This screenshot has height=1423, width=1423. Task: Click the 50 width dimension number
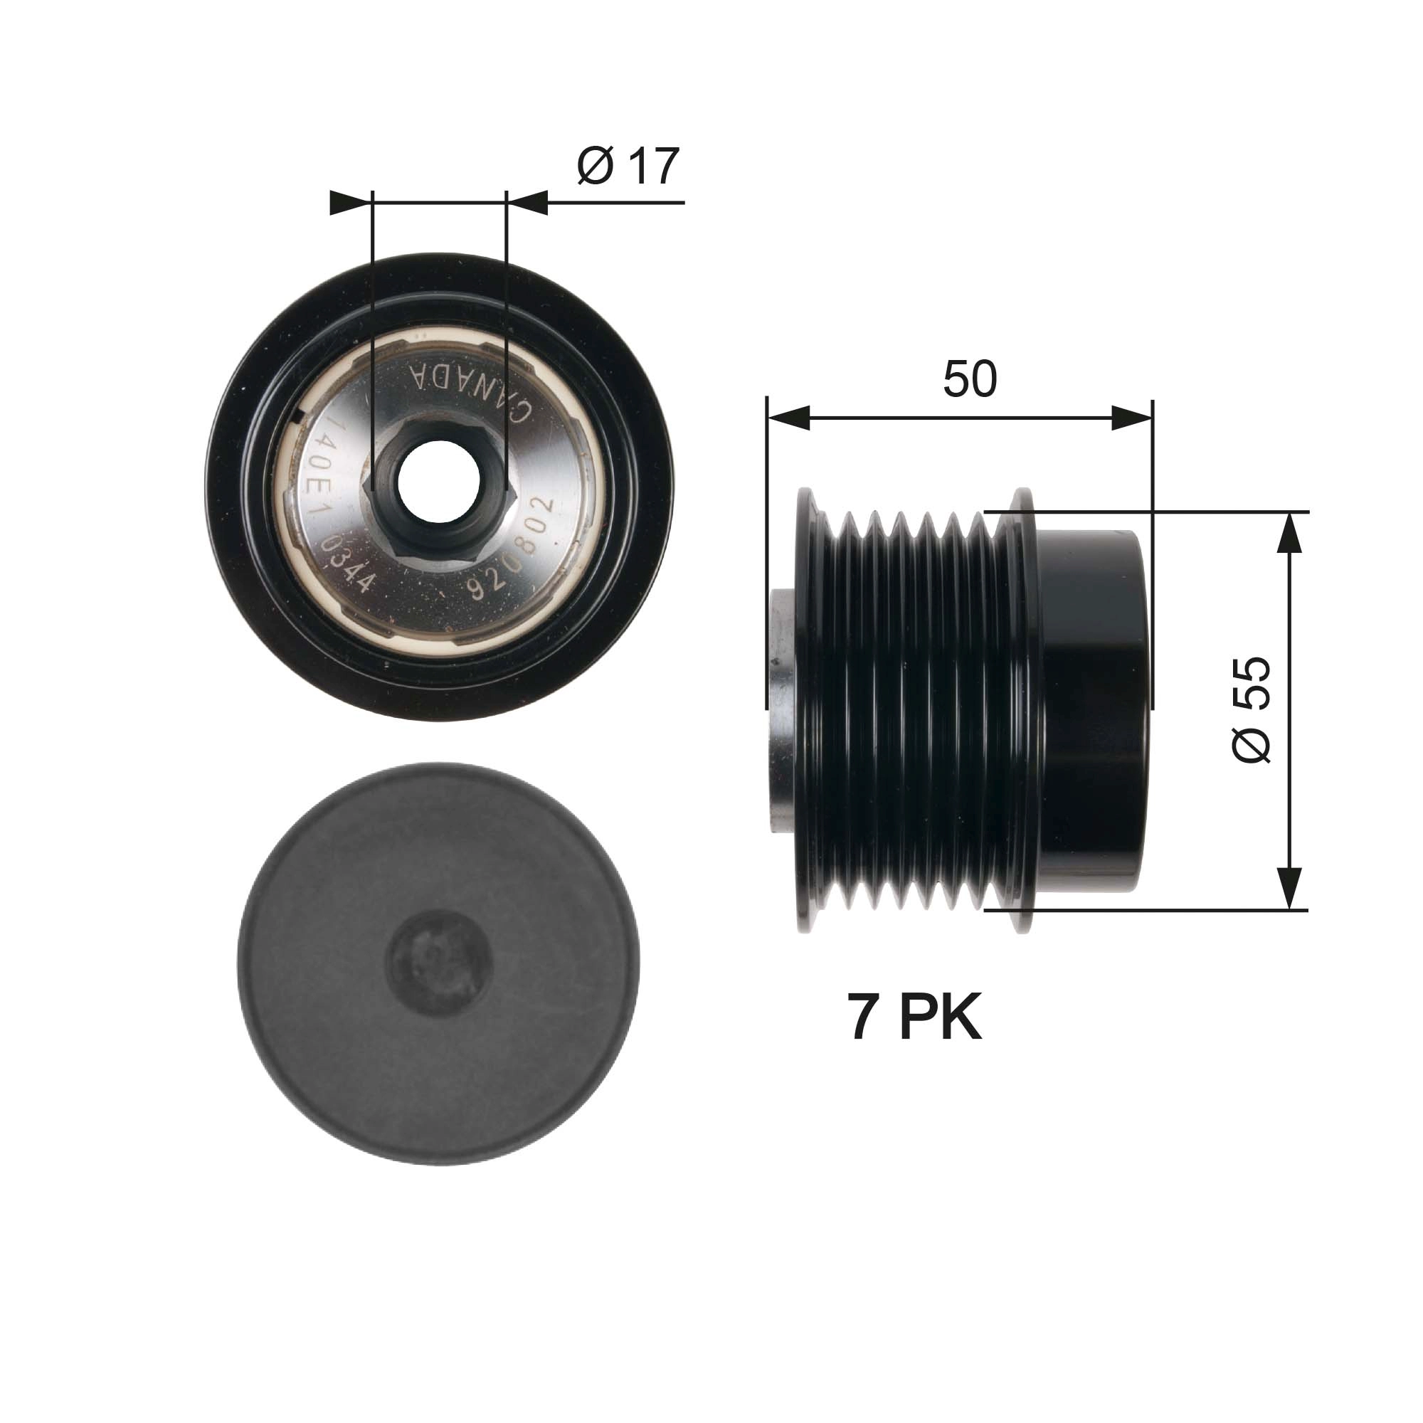pos(969,379)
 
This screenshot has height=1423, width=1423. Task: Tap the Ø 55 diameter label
pos(1252,709)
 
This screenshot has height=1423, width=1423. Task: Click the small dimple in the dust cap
pos(439,962)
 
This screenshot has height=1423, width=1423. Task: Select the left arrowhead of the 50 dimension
pos(788,418)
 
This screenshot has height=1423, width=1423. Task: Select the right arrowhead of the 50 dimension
pos(1132,418)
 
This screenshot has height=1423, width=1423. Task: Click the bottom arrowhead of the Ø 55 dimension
pos(1289,888)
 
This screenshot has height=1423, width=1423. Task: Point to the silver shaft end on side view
pos(782,711)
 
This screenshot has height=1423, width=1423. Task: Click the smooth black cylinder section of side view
pos(1093,710)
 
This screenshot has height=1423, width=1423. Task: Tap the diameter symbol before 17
pos(594,167)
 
